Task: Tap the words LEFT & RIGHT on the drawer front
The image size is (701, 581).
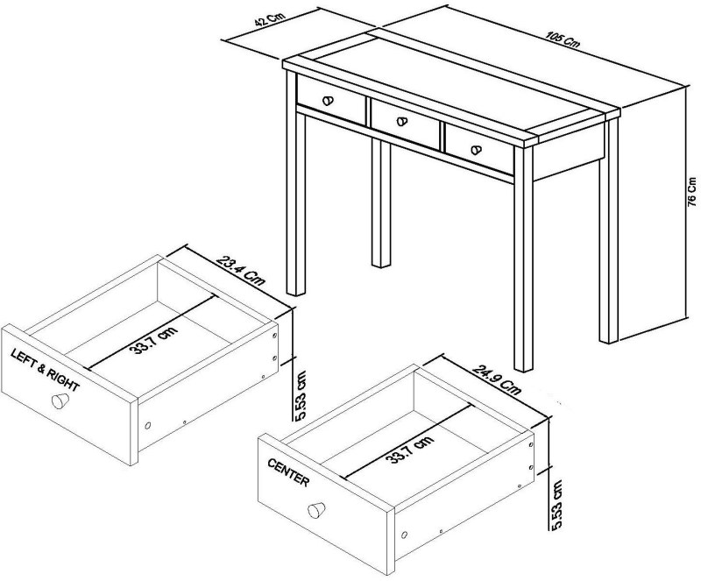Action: pos(45,371)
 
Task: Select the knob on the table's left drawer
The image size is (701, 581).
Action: pos(330,101)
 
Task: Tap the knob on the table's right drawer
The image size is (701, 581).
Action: pos(477,149)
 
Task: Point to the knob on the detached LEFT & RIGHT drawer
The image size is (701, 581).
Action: pos(60,400)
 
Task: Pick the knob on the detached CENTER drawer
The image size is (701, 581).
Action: pos(316,510)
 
